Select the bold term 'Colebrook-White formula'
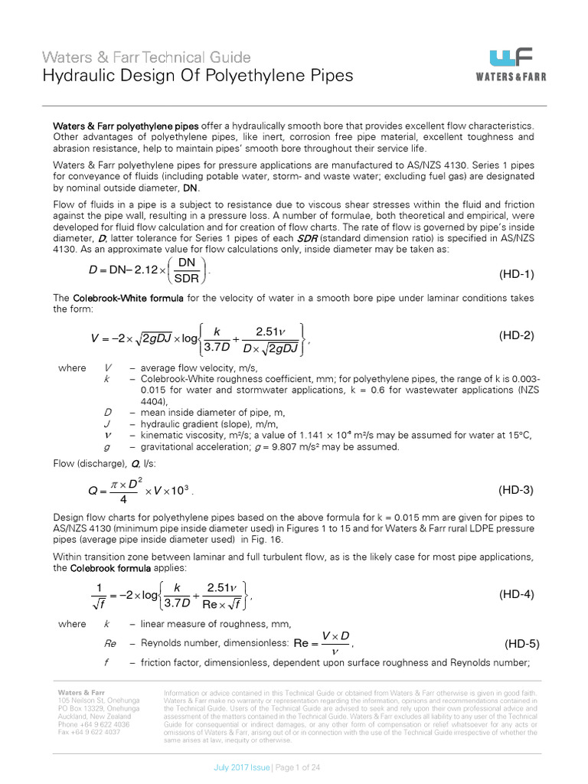[x=122, y=297]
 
